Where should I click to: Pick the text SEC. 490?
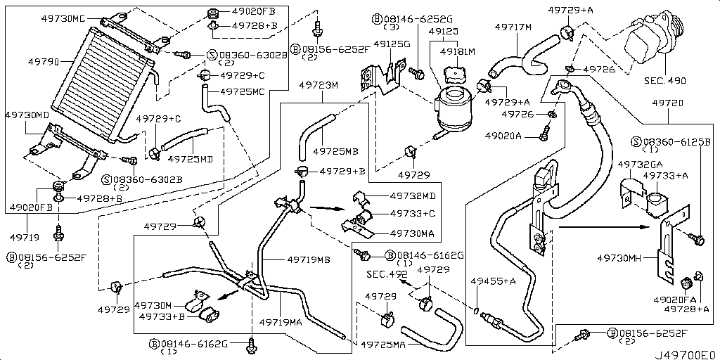click(663, 81)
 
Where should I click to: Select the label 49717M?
click(513, 27)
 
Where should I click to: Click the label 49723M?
click(319, 85)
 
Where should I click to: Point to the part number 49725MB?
click(336, 150)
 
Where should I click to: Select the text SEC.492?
click(387, 274)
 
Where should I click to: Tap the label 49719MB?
click(309, 259)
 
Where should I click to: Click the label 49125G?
click(392, 44)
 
